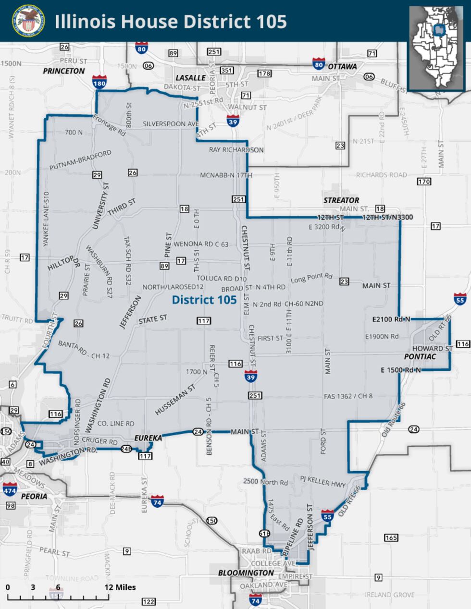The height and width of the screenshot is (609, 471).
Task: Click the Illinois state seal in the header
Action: click(28, 21)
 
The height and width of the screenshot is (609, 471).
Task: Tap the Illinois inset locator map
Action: click(436, 48)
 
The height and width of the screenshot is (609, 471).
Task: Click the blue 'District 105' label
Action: click(204, 300)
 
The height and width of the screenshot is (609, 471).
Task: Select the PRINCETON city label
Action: click(64, 71)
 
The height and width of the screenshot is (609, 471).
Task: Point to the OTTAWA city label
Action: click(342, 66)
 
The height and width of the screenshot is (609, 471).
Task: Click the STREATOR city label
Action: click(341, 200)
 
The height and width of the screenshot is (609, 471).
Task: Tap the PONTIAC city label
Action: click(420, 357)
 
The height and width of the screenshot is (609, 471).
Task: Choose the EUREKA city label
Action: click(148, 438)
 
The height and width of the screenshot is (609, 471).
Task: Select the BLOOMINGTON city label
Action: click(246, 573)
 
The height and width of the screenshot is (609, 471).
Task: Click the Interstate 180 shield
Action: click(99, 81)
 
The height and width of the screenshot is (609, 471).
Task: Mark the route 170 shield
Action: click(424, 182)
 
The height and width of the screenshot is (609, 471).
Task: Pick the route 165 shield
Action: click(391, 537)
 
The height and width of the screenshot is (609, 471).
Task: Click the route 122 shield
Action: click(149, 602)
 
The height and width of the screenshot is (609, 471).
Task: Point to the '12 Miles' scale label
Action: click(120, 587)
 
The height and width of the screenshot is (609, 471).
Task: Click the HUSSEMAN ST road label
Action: click(175, 399)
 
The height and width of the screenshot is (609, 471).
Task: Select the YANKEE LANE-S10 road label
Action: click(46, 219)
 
